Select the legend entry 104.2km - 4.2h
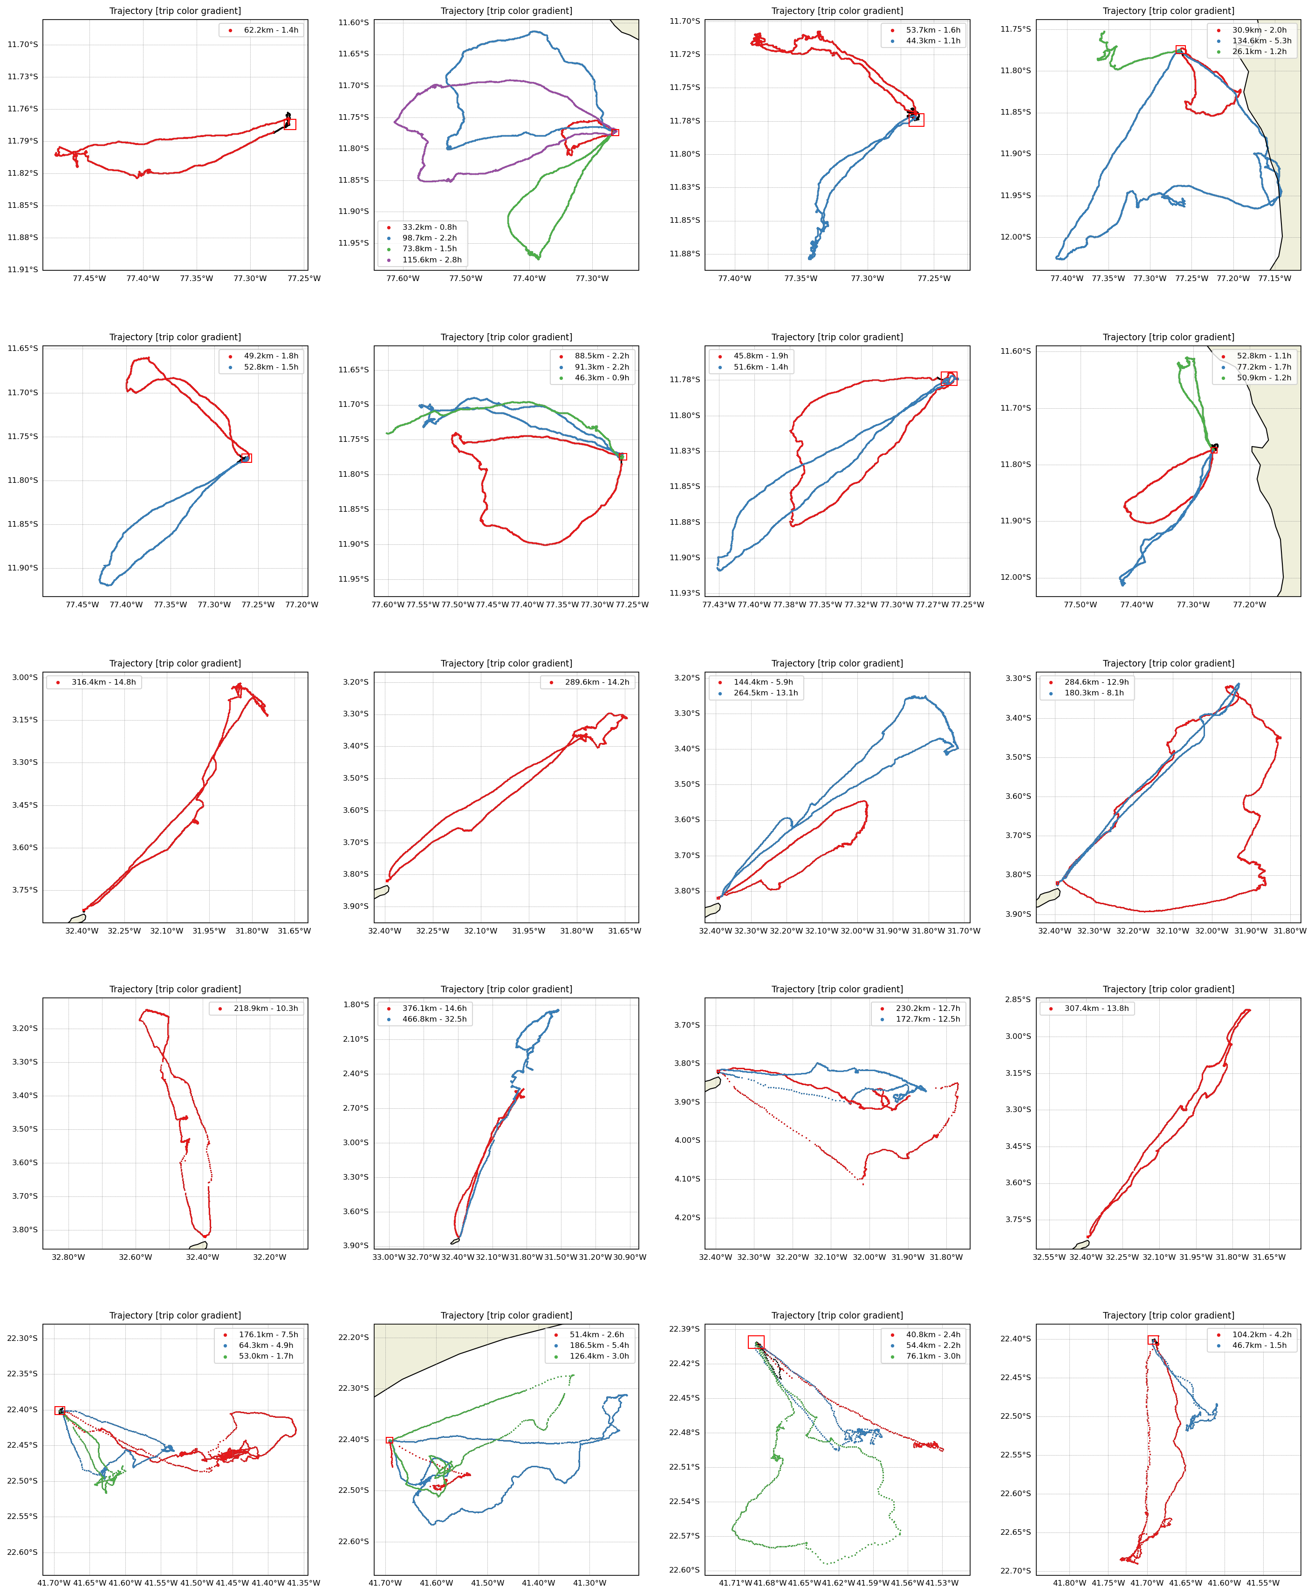pyautogui.click(x=1261, y=1335)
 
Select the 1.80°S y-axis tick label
pyautogui.click(x=356, y=1005)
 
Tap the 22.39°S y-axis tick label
pyautogui.click(x=684, y=1329)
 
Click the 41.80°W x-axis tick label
pyautogui.click(x=1069, y=1583)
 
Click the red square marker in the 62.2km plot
pyautogui.click(x=290, y=124)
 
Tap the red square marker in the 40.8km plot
pyautogui.click(x=755, y=1343)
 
